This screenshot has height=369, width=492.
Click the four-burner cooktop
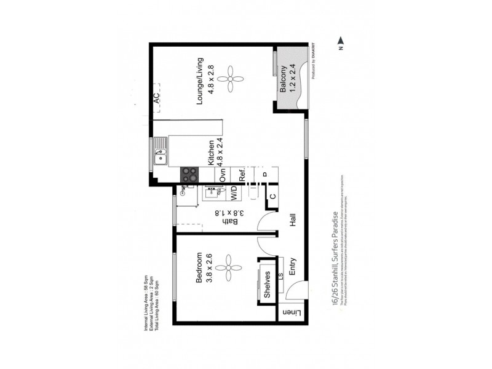pyautogui.click(x=189, y=175)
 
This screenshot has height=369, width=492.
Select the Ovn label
pyautogui.click(x=223, y=175)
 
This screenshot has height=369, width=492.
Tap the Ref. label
pyautogui.click(x=242, y=175)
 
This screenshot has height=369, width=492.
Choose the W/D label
pyautogui.click(x=234, y=193)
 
